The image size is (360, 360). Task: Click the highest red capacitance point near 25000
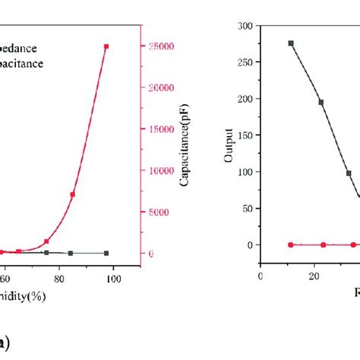[106, 46]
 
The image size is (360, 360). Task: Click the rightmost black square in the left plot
[106, 253]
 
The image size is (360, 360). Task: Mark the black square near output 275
[291, 43]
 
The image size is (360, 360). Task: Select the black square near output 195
[321, 103]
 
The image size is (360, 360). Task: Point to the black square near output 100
[349, 173]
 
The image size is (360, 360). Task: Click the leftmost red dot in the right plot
[291, 245]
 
